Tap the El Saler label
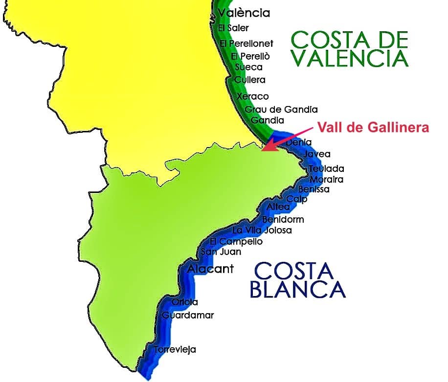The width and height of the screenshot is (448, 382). coord(233,28)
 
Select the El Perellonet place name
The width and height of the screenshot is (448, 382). coord(246,44)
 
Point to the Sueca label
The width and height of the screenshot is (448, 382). coord(248,67)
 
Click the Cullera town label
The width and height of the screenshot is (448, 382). coord(249,80)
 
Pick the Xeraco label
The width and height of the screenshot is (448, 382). coord(252,97)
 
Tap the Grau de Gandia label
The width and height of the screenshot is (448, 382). coord(281,109)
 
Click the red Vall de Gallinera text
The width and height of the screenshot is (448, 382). coord(373,128)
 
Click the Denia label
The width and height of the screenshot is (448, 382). coord(298,142)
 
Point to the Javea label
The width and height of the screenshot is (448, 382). coord(317,154)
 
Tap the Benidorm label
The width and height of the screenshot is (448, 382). coord(283,219)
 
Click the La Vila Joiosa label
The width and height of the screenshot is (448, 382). coord(262,230)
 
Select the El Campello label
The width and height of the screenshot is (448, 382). coord(236,241)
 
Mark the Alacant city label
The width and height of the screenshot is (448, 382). coord(211,269)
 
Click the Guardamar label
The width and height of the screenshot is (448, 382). coord(188,316)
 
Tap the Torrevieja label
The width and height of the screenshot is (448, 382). coord(175,350)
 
